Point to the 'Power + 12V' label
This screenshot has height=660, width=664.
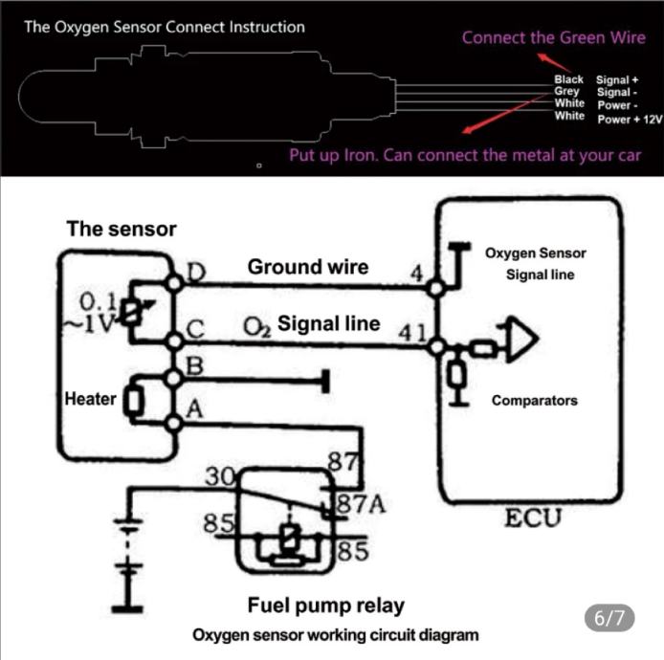coord(630,119)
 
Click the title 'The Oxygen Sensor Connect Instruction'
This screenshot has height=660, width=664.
coord(165,27)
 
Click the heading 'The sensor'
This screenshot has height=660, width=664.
coord(122,229)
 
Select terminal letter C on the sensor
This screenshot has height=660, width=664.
coord(196,328)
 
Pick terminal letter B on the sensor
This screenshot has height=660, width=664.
coord(195,364)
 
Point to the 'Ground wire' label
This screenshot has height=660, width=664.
coord(307,267)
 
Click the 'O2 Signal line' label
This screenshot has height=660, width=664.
coord(312,324)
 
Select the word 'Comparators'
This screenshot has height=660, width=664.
coord(534,401)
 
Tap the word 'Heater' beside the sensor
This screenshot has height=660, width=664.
coord(90,399)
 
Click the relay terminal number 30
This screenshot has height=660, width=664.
coord(219,475)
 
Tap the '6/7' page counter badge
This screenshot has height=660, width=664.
coord(609,618)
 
